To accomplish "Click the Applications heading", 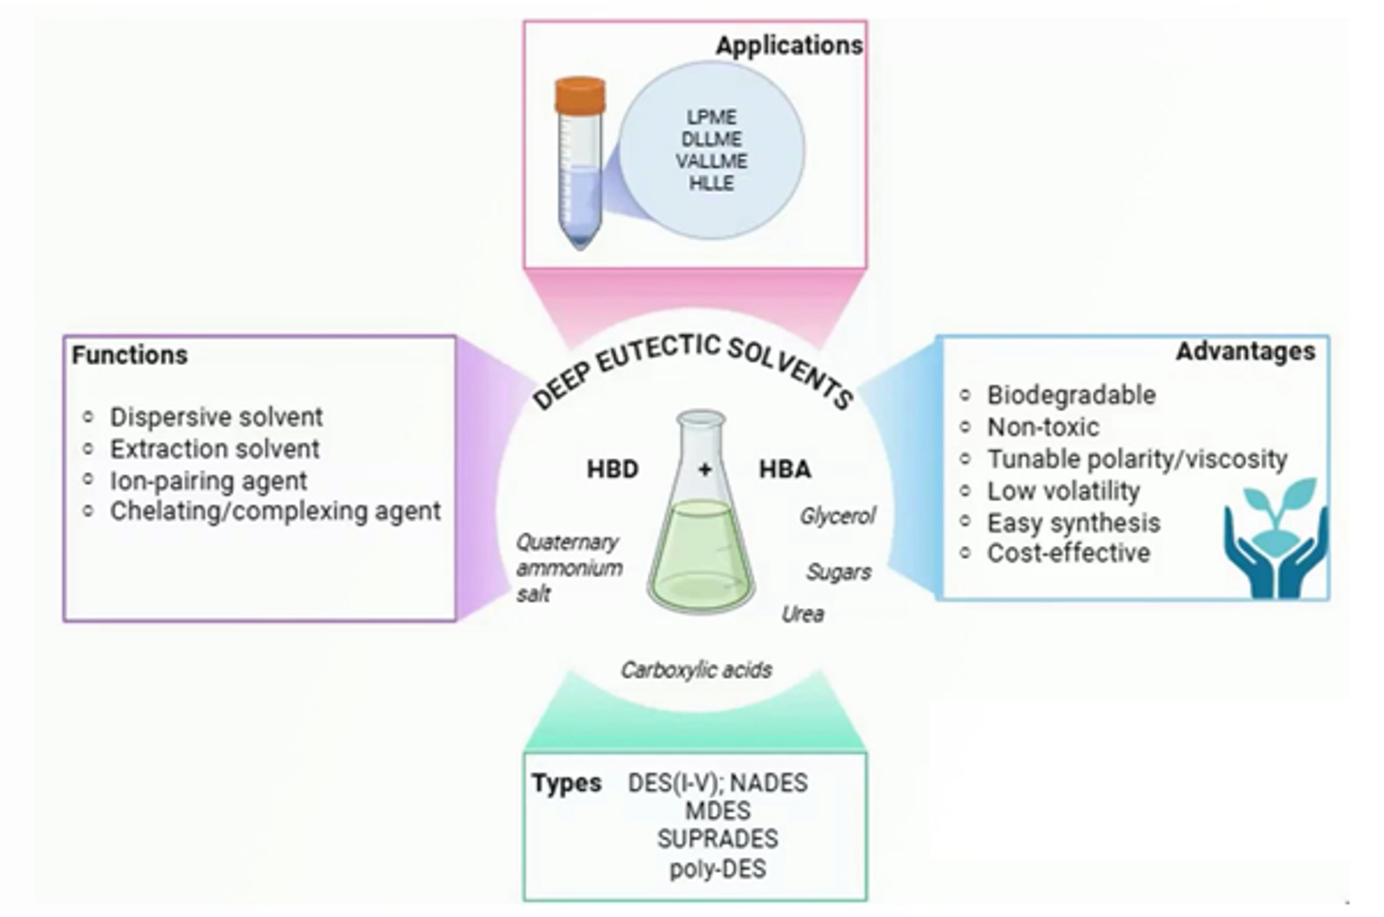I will point(788,45).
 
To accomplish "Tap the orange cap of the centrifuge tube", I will point(580,96).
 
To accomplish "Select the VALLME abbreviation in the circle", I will point(711,161).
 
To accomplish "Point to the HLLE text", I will point(711,183).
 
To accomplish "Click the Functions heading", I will point(130,355).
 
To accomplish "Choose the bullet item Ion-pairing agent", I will point(208,481).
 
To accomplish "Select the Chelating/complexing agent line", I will point(274,511).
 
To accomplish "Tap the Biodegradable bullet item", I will point(1071,395).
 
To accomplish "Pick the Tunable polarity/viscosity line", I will point(1137,458).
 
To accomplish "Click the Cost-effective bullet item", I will point(1068,553).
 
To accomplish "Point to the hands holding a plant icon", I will point(1275,538).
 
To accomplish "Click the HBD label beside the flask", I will point(612,470).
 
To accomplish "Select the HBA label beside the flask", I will point(785,470).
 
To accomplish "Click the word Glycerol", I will point(836,516).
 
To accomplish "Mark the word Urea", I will point(802,614).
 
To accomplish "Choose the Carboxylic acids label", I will point(695,670).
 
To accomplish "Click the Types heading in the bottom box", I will point(567,783).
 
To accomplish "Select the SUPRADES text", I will point(717,839).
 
